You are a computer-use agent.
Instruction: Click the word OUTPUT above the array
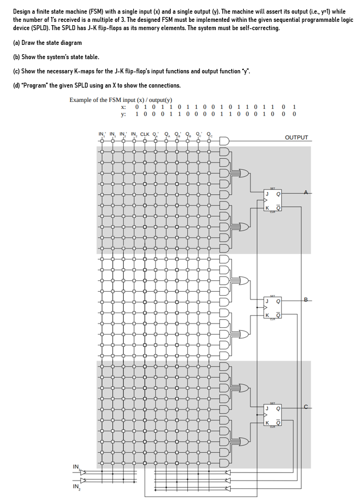(296, 137)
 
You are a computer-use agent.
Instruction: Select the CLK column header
(145, 134)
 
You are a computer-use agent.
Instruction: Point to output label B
(307, 299)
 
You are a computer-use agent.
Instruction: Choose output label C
(307, 406)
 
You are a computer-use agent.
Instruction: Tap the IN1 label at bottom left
(76, 466)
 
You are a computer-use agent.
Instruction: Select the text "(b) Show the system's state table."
(56, 57)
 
